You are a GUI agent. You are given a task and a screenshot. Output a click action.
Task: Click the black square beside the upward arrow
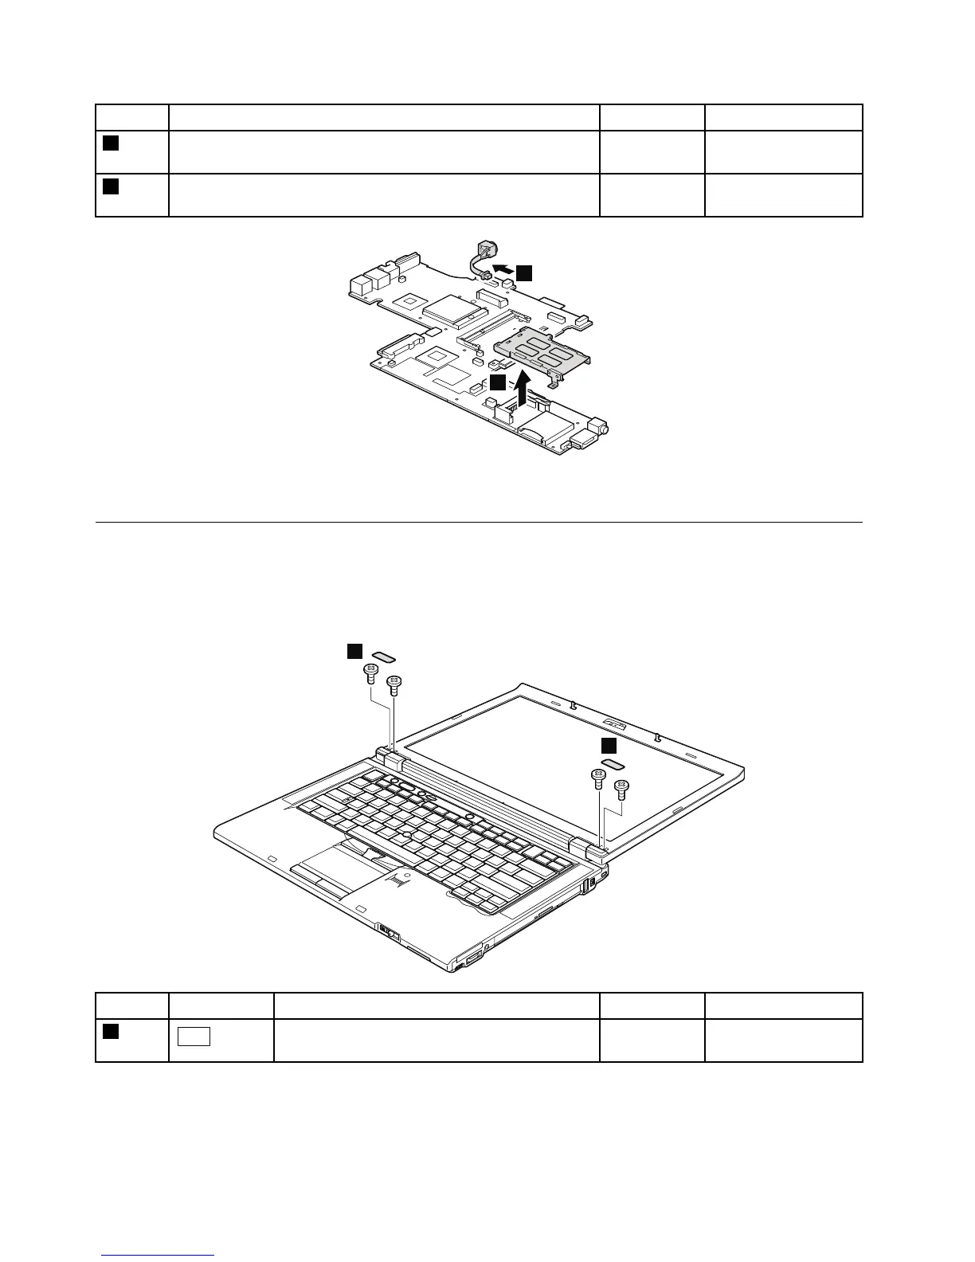[x=498, y=383]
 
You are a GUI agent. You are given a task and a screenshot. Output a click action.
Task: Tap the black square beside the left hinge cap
[x=354, y=651]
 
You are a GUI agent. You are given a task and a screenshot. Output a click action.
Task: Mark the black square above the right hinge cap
[x=609, y=745]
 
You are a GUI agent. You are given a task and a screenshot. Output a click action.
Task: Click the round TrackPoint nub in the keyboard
[x=406, y=834]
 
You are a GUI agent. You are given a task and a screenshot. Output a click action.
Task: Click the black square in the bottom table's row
[x=111, y=1032]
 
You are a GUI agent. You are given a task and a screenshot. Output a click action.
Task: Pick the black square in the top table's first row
[x=111, y=143]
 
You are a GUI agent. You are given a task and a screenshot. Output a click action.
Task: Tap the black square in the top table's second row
[x=111, y=186]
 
